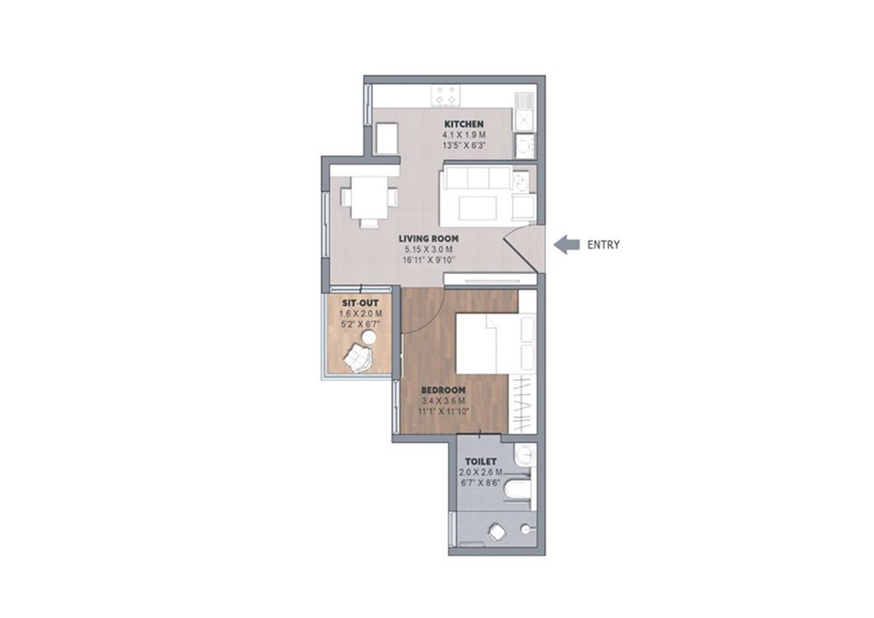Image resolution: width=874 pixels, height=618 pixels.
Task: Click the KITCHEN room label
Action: coord(464,124)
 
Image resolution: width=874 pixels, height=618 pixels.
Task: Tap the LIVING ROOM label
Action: coord(429,238)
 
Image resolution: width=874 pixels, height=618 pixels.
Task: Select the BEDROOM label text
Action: coord(443,390)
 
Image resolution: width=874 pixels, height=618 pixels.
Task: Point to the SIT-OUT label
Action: coord(360,303)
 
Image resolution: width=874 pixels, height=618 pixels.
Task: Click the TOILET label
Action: coord(481,461)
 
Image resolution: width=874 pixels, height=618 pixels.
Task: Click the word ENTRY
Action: coord(604,244)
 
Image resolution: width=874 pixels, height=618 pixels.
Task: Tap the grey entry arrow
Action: coord(567,244)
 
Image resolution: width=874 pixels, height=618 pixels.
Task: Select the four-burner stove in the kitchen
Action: coord(446,95)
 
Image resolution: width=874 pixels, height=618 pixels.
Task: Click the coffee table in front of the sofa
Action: coord(478,208)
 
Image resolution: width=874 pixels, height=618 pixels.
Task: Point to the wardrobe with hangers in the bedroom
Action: coord(523,403)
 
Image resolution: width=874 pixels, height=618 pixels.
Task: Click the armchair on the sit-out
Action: coord(357,358)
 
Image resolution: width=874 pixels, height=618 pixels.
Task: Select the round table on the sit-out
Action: coord(367,337)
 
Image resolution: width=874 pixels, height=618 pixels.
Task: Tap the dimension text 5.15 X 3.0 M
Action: coord(429,250)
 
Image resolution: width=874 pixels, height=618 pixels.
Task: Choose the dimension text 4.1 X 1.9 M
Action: coord(464,135)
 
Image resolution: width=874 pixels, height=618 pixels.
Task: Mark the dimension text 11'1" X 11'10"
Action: coord(444,411)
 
